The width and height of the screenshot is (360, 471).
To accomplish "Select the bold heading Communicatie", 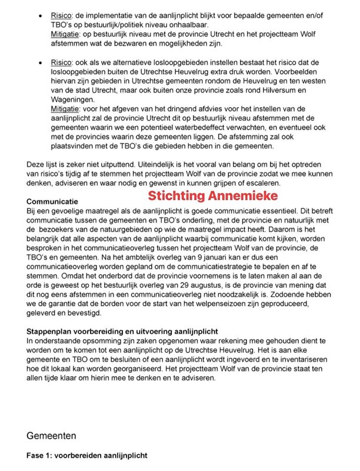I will pos(55,202).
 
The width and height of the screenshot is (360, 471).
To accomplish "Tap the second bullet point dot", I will pos(39,61).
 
